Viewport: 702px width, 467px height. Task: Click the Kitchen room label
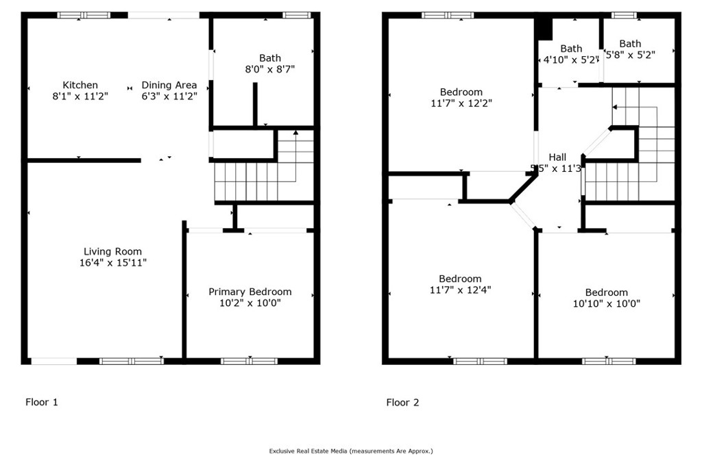pyautogui.click(x=80, y=85)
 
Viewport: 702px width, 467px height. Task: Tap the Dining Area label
pyautogui.click(x=169, y=85)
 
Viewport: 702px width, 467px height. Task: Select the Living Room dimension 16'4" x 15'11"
pyautogui.click(x=112, y=262)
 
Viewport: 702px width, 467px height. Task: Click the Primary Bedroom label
pyautogui.click(x=250, y=292)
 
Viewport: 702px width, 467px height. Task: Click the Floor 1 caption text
pyautogui.click(x=42, y=402)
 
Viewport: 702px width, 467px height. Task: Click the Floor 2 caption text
pyautogui.click(x=402, y=402)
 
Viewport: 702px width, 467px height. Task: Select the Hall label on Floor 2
pyautogui.click(x=557, y=157)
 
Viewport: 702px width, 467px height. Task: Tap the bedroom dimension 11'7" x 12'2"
pyautogui.click(x=461, y=103)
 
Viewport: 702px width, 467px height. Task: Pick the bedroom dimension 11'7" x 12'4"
pyautogui.click(x=460, y=290)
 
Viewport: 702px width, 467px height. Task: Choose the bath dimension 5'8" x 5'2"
pyautogui.click(x=630, y=55)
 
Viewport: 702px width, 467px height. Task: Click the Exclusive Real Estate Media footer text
pyautogui.click(x=350, y=451)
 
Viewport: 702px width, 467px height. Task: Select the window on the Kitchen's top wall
pyautogui.click(x=84, y=15)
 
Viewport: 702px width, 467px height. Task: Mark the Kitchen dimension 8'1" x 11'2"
pyautogui.click(x=80, y=97)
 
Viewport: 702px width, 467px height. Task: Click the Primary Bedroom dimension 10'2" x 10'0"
pyautogui.click(x=250, y=303)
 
